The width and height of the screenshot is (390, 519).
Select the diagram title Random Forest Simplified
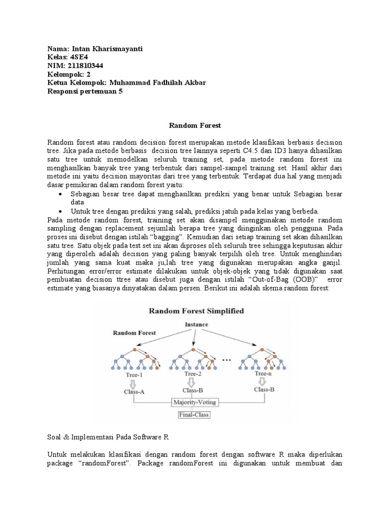coord(196,311)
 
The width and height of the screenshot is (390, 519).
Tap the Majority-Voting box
coord(194,402)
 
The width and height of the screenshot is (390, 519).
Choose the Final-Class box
coord(194,415)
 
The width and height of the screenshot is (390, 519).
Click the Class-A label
coord(134,391)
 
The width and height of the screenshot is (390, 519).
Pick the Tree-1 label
coord(134,375)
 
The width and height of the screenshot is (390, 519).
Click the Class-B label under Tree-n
coord(265,389)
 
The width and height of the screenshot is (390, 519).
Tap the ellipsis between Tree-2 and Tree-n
coord(226,359)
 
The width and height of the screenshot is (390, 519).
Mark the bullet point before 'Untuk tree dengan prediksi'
coord(61,211)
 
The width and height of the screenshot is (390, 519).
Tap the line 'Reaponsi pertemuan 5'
coord(85,91)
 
